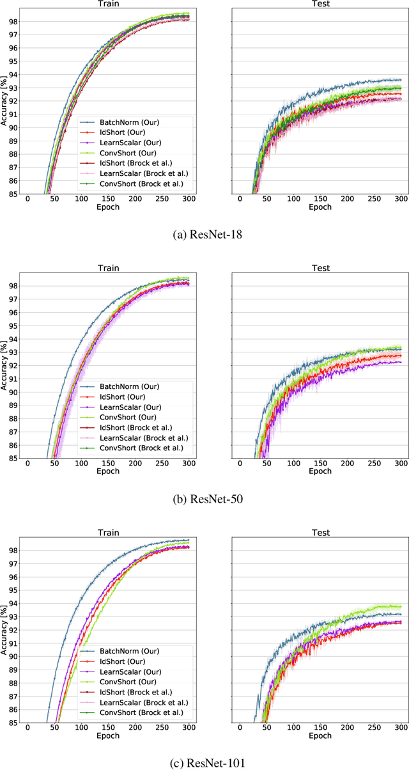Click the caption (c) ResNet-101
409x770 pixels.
pyautogui.click(x=204, y=762)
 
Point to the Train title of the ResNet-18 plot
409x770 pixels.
pyautogui.click(x=107, y=4)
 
